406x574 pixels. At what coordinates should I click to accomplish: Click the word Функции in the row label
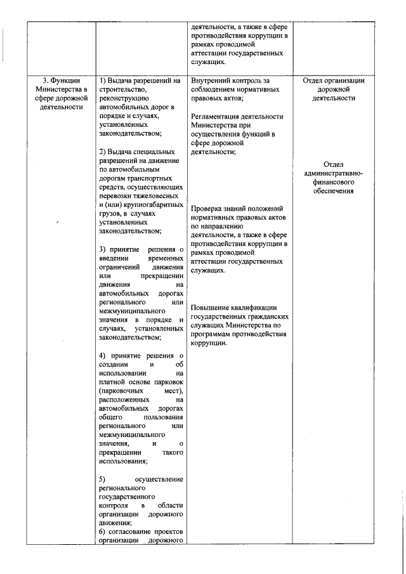click(x=66, y=81)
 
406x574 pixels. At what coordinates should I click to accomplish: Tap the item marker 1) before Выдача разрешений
click(x=103, y=81)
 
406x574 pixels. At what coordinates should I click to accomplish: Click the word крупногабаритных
click(x=148, y=205)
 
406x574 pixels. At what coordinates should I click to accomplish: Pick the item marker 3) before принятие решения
click(x=103, y=250)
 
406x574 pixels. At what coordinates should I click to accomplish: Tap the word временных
click(x=166, y=259)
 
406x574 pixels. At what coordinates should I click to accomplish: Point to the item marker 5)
click(x=103, y=478)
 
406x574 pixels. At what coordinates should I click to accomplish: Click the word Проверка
click(x=207, y=208)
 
